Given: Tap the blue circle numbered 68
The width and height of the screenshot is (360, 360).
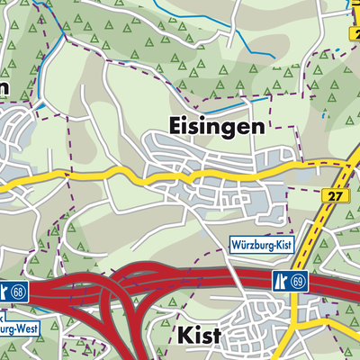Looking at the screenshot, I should [19, 291].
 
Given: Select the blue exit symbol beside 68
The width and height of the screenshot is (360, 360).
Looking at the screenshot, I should [4, 291].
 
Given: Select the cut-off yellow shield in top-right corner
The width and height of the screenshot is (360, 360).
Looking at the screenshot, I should [355, 32].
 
